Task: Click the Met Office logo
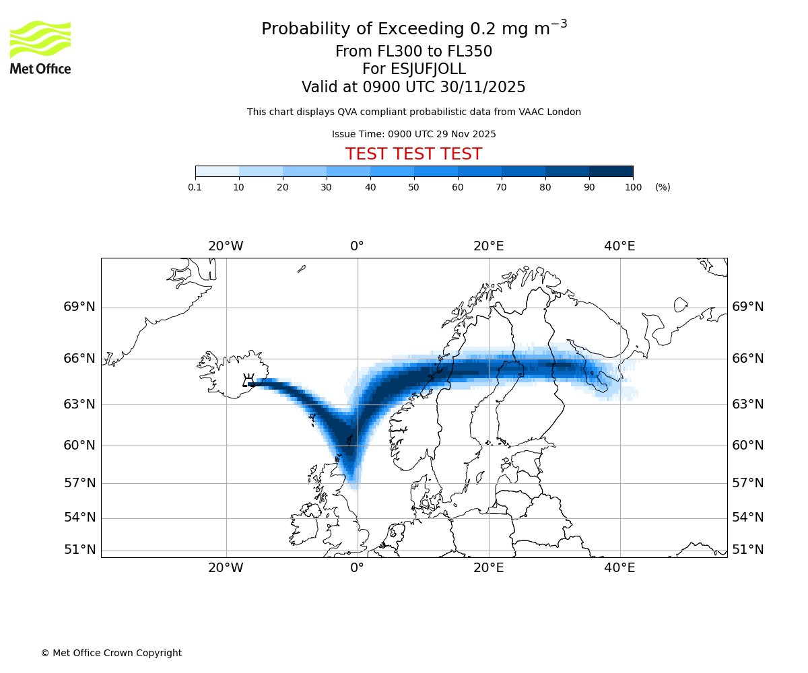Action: [40, 47]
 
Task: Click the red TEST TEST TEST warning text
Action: [413, 154]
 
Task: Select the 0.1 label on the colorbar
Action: [195, 187]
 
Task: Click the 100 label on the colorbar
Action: [633, 187]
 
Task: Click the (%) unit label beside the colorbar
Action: [663, 187]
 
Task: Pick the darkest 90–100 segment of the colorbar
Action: [611, 171]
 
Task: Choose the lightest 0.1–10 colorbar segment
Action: [217, 171]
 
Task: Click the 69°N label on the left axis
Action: [79, 307]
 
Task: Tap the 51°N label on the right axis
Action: [747, 550]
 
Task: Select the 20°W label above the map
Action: [226, 246]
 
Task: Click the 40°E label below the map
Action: [619, 568]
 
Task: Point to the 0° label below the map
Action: [357, 568]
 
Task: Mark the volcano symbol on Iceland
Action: [248, 381]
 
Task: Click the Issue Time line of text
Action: [413, 134]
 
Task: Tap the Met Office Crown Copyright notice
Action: [111, 653]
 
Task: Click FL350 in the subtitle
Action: [470, 52]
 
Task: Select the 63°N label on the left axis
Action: [79, 404]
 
